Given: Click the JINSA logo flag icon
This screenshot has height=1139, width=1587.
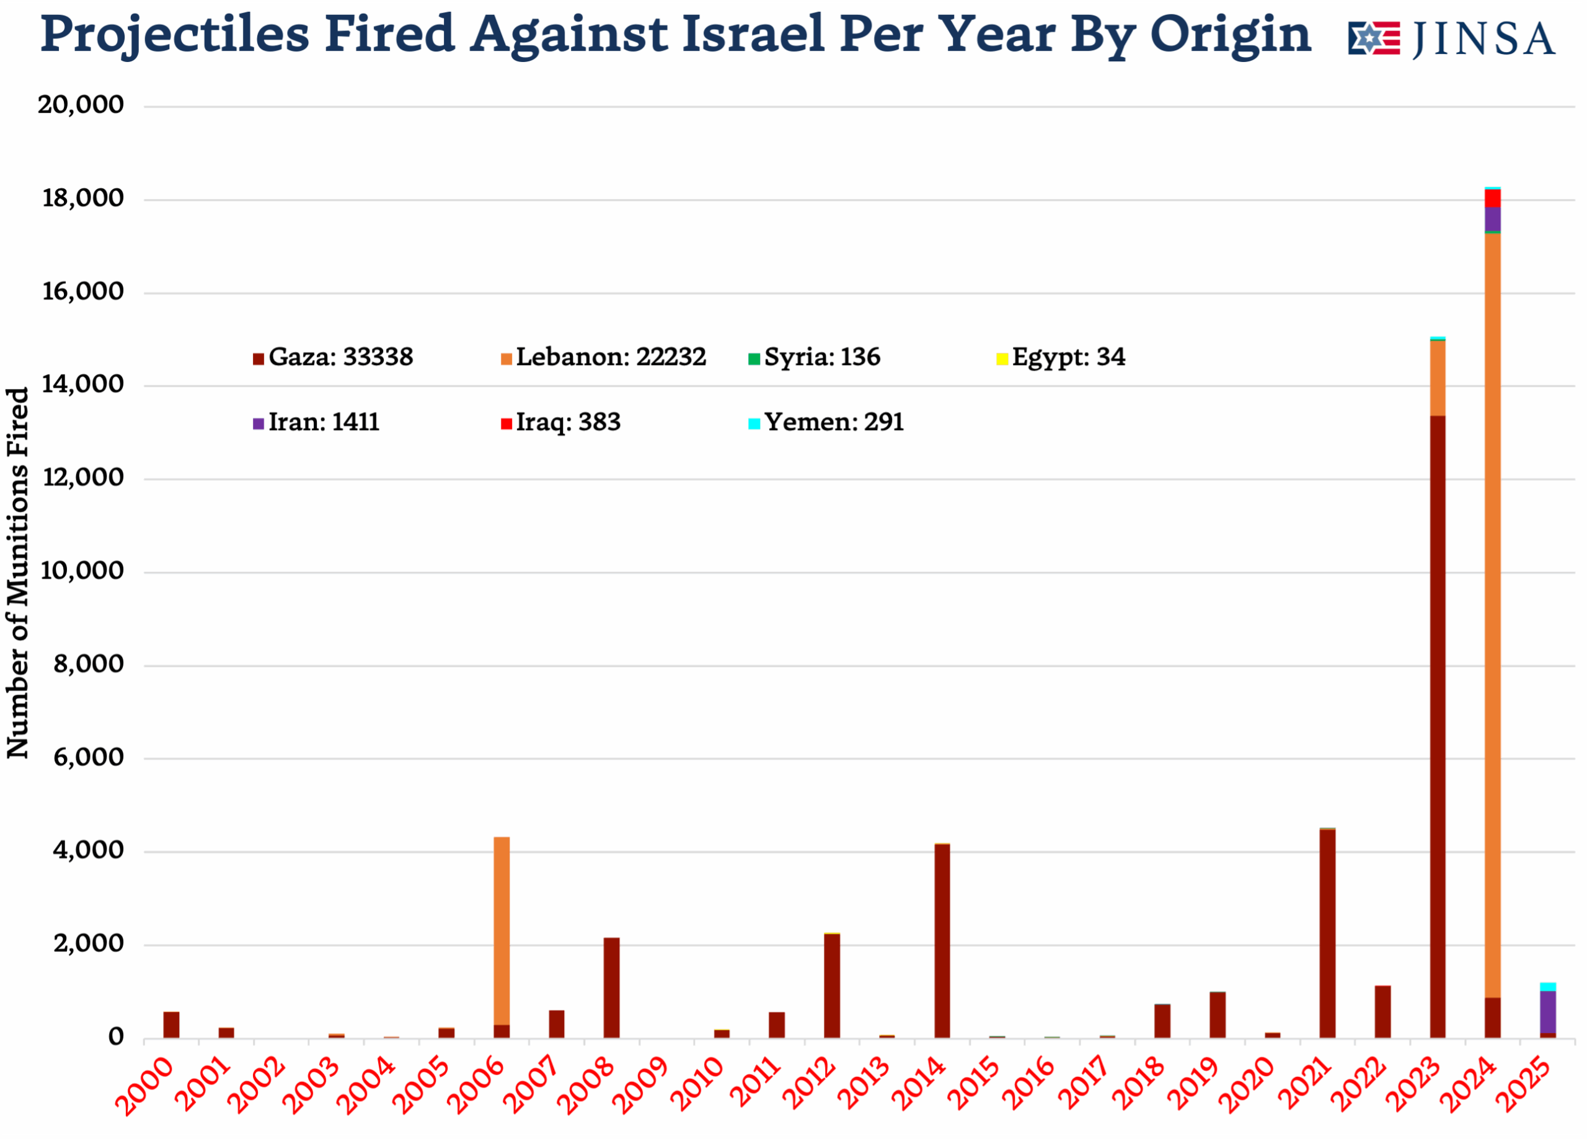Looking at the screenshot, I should (x=1374, y=38).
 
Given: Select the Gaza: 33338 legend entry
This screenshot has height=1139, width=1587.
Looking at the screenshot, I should (x=333, y=358).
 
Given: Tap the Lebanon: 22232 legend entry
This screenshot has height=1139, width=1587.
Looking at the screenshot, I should (x=603, y=358).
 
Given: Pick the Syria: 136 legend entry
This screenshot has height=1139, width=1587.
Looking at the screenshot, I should (x=814, y=358).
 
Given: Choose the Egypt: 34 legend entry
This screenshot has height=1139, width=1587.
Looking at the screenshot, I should (x=1061, y=358).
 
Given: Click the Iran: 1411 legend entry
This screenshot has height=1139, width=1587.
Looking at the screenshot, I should (x=316, y=423).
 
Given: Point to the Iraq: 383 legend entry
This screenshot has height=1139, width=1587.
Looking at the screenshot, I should (x=560, y=423).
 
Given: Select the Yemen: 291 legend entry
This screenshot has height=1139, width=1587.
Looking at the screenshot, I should (x=826, y=423).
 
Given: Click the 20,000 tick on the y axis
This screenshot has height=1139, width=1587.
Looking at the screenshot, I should (x=81, y=105).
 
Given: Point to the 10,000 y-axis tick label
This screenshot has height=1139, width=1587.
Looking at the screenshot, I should (x=82, y=571).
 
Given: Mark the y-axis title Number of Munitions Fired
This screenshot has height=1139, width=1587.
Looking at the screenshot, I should (x=17, y=573).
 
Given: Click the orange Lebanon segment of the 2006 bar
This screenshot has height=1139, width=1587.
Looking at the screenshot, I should (x=502, y=931).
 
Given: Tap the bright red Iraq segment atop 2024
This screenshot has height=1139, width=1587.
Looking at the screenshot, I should (x=1493, y=198).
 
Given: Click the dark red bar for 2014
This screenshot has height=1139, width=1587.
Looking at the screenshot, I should (x=942, y=941).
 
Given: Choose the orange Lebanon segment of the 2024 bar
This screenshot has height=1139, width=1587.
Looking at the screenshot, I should (x=1493, y=616).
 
